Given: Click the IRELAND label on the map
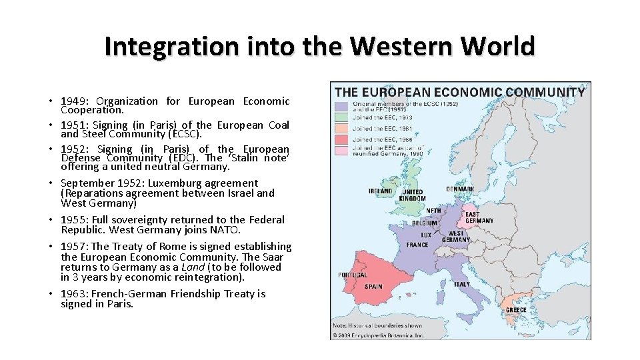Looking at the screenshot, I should [381, 191].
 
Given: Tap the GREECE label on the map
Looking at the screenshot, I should [516, 310].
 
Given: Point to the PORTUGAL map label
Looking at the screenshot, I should [353, 275].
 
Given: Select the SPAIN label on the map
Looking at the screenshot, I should [373, 287].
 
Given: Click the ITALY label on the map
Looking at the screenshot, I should [462, 285].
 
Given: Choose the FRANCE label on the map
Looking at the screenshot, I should [417, 245].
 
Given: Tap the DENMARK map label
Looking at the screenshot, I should [461, 189].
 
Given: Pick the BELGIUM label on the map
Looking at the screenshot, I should [425, 223].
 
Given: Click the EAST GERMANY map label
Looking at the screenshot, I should [479, 217].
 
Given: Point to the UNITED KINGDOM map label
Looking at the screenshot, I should [413, 195].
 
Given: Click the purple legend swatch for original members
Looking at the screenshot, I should [342, 106].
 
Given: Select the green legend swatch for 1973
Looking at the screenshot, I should [342, 117].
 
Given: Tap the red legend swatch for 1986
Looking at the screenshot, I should [342, 139].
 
